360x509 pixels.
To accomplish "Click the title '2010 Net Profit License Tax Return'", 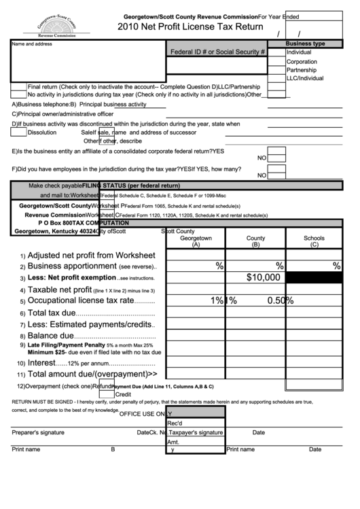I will pos(190,27).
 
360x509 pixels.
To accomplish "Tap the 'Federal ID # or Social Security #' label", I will pos(217,52).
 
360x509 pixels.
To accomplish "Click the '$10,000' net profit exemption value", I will pos(263,277).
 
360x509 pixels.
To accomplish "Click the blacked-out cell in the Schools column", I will pos(314,277).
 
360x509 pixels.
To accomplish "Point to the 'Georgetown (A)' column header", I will pos(196,241).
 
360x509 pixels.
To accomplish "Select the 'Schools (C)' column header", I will pos(314,241).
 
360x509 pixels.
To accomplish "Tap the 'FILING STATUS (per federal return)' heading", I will pos(131,186).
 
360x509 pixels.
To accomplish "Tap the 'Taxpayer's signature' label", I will pos(196,432).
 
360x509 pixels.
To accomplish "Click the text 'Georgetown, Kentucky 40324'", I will pos(55,231).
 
